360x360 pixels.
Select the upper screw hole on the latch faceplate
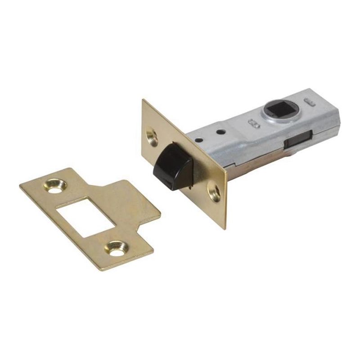click(152, 134)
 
